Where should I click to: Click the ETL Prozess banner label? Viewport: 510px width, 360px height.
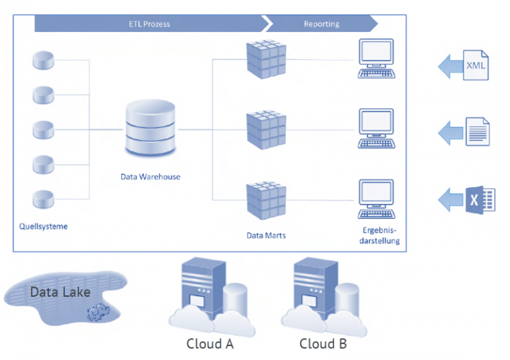(x=149, y=24)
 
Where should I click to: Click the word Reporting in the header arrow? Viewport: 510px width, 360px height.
(x=321, y=24)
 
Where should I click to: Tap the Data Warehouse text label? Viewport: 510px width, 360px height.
(x=150, y=177)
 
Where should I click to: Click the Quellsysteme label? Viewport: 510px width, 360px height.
(x=43, y=226)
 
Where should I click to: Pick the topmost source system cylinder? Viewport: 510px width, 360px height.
(x=43, y=60)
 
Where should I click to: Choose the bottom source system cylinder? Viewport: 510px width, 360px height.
(x=43, y=198)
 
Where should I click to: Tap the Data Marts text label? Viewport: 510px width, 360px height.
(x=266, y=235)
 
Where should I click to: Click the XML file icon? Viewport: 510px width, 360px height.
(x=475, y=65)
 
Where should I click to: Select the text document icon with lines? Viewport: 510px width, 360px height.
(x=477, y=132)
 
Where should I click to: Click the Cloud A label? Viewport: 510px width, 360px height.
(x=210, y=345)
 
